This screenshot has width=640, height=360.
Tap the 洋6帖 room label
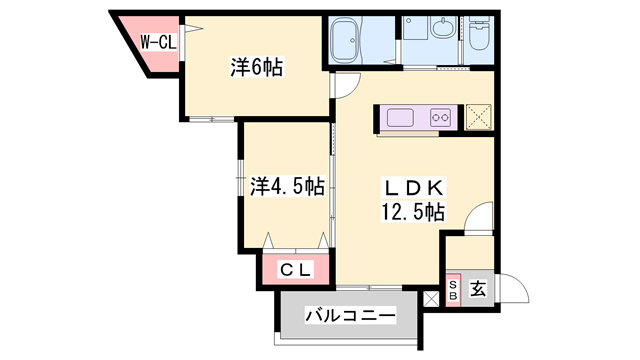pyautogui.click(x=257, y=68)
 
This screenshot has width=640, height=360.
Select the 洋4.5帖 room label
pyautogui.click(x=286, y=186)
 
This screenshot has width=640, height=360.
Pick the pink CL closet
pyautogui.click(x=295, y=269)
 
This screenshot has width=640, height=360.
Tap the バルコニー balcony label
pyautogui.click(x=349, y=317)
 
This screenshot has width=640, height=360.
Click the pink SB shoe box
pyautogui.click(x=452, y=291)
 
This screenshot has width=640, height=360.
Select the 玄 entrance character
pyautogui.click(x=478, y=291)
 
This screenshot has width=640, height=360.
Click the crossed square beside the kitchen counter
pyautogui.click(x=478, y=117)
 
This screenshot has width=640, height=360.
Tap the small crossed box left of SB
pyautogui.click(x=431, y=297)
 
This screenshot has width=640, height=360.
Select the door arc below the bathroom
pyautogui.click(x=340, y=85)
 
